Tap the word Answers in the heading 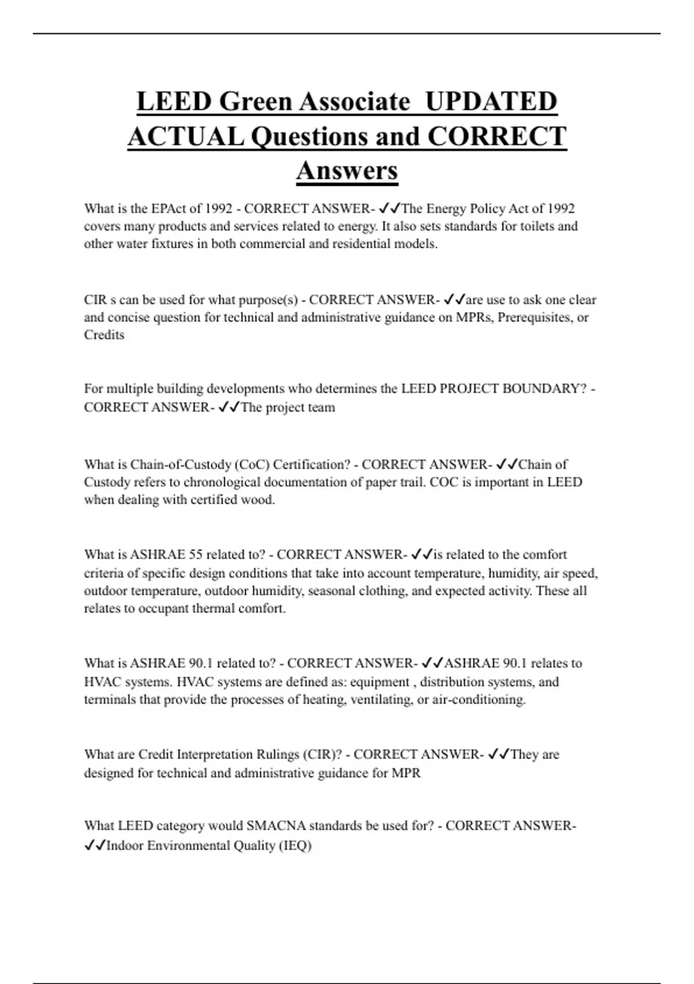pos(347,170)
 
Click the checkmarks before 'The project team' pos(230,407)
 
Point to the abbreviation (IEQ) pos(295,846)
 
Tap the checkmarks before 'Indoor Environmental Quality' pos(95,846)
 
